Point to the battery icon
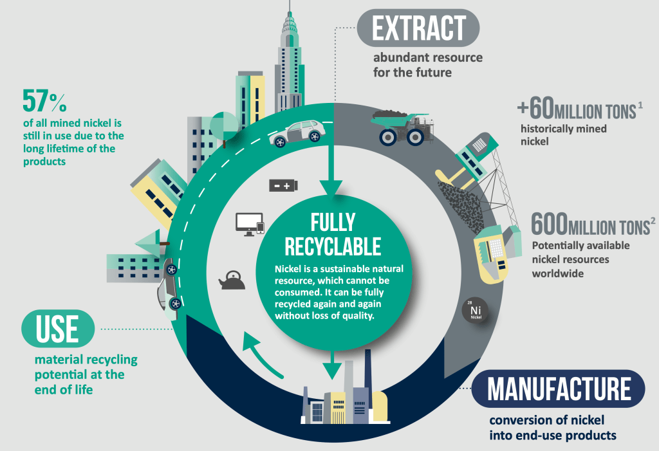click(283, 185)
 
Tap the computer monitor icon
click(247, 224)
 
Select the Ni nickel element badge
click(476, 311)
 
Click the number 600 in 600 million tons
click(549, 225)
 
